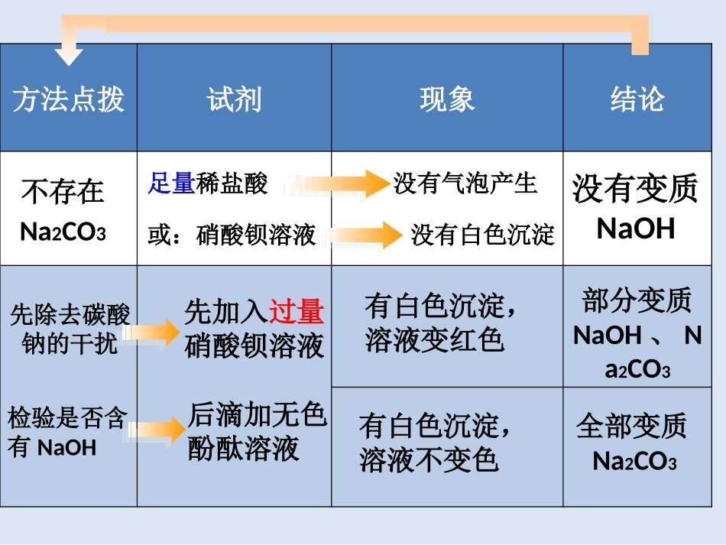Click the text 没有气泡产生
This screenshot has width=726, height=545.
pos(465,183)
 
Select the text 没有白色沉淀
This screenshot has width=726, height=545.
pos(482,235)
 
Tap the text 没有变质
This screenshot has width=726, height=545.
pos(635,188)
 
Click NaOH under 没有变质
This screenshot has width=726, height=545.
pos(635,229)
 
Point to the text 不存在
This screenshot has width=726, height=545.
pos(63,191)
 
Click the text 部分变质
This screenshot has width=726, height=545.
pos(636,301)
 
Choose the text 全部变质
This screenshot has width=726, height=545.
pos(631,427)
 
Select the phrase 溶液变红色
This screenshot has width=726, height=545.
pos(435,339)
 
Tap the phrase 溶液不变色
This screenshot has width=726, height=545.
pos(429,459)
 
